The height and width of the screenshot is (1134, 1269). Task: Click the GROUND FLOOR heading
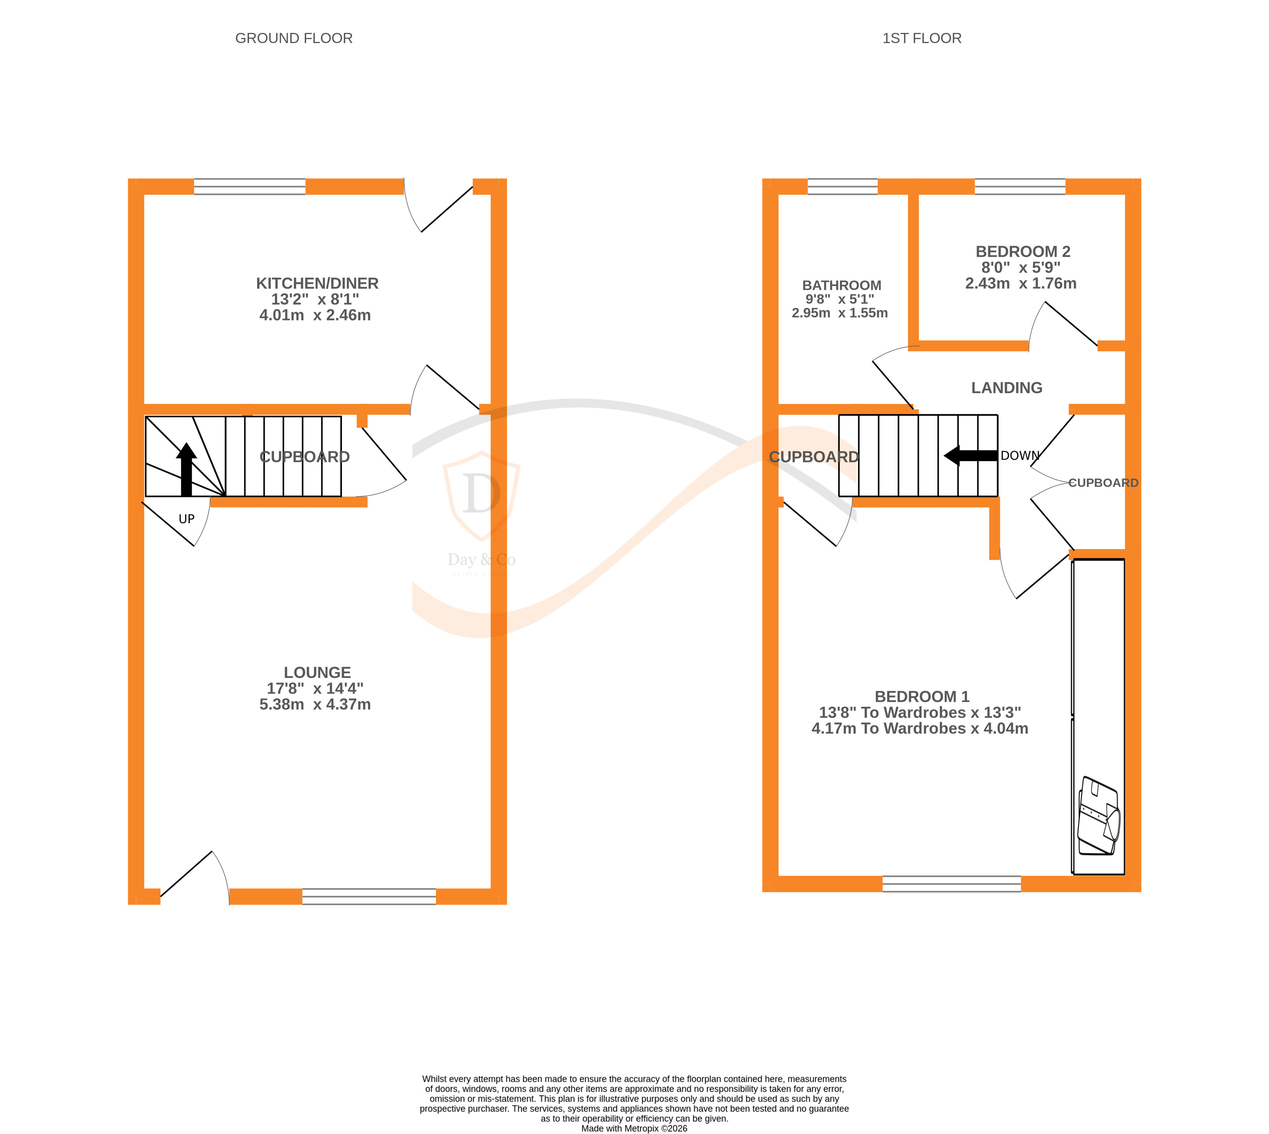(293, 39)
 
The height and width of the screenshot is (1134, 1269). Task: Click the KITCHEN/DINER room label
(317, 283)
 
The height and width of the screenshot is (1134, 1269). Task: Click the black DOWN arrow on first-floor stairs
(970, 455)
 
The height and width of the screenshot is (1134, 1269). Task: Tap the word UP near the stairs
(186, 519)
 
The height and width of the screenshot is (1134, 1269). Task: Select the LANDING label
(1006, 388)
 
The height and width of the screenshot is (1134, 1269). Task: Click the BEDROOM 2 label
(1022, 252)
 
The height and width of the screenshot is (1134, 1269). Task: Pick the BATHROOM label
(841, 285)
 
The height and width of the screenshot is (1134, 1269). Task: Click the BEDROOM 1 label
(921, 697)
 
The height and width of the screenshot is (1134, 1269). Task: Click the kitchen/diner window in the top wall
(249, 187)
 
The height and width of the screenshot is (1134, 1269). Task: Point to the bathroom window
(842, 187)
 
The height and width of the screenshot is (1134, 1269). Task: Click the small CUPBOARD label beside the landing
(1103, 483)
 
